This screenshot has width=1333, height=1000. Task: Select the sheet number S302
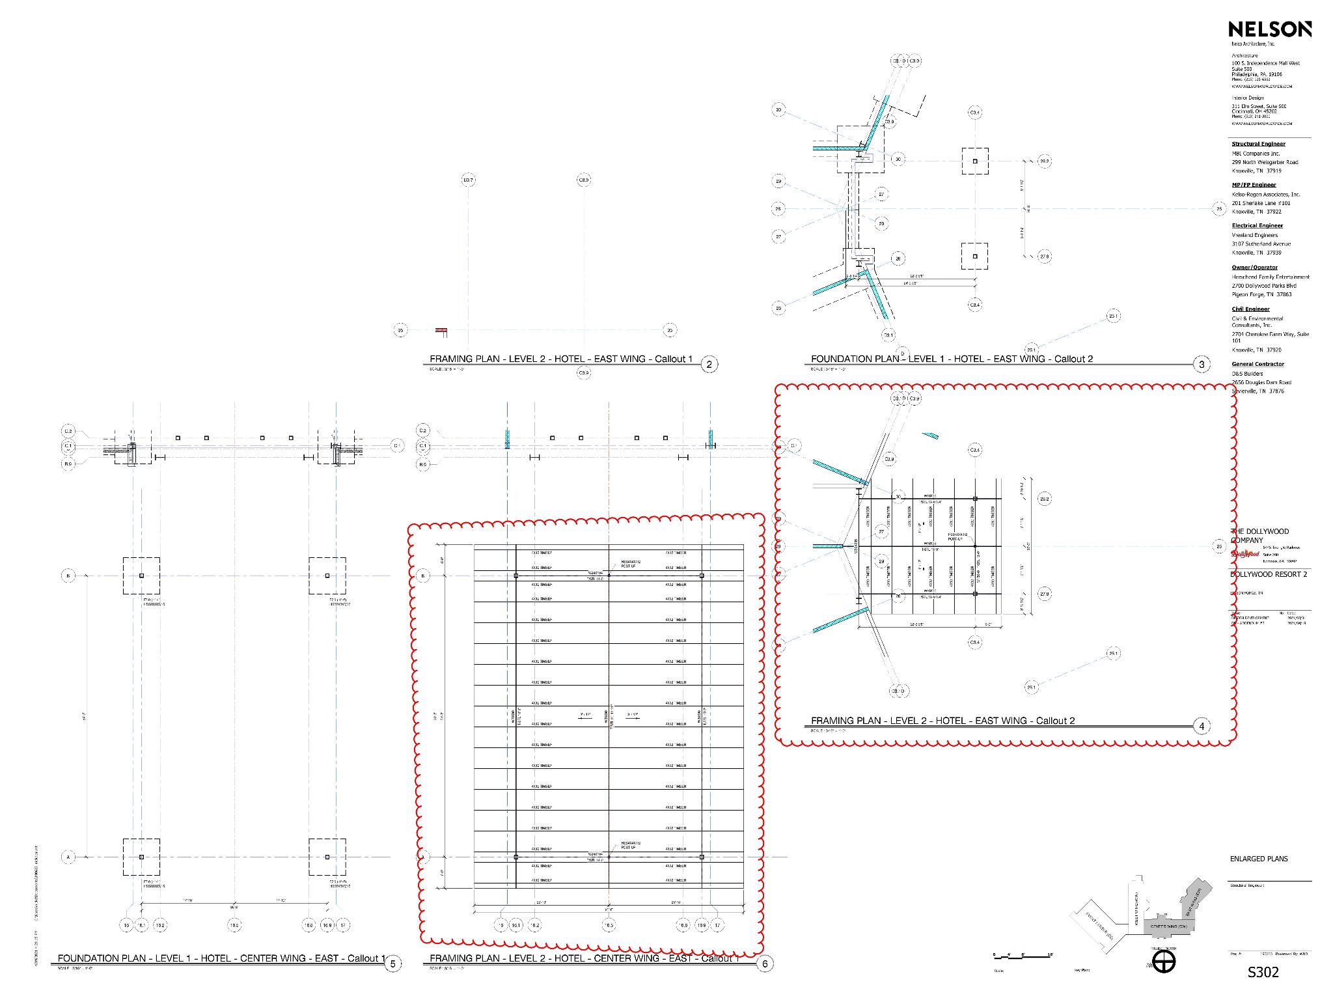click(1263, 972)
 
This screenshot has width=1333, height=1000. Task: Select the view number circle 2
click(709, 365)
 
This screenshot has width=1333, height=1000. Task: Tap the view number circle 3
click(1202, 365)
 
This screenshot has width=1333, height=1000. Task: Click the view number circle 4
click(1202, 726)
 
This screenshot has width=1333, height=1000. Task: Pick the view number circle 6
click(765, 964)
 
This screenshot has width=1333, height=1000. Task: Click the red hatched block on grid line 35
click(442, 331)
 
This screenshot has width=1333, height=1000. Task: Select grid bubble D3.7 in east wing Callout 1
click(468, 180)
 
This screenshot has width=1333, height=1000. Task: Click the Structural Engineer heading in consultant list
click(1257, 144)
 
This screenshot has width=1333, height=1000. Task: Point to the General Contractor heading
click(1257, 364)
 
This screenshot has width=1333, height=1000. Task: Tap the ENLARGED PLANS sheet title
click(1258, 859)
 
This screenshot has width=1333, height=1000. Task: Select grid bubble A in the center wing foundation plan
click(68, 857)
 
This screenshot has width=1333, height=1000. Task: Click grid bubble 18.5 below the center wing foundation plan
click(234, 925)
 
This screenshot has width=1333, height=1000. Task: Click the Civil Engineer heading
click(1250, 309)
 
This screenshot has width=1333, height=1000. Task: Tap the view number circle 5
click(392, 964)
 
